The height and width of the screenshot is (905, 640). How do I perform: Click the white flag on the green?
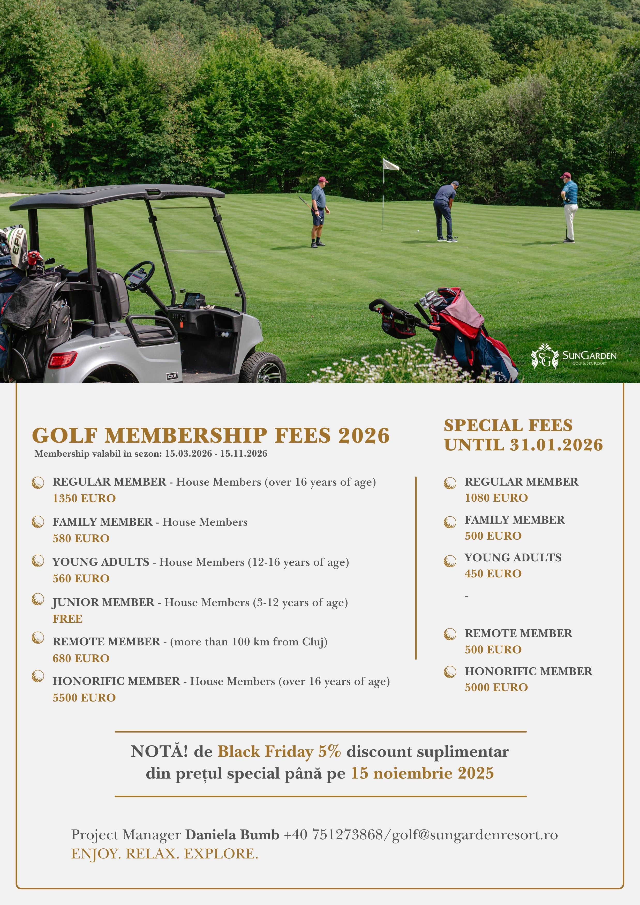390,165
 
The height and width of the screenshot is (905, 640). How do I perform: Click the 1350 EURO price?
84,498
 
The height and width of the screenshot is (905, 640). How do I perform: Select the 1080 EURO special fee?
496,498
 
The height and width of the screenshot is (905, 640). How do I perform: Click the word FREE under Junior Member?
68,619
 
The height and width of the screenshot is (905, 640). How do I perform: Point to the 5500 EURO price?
84,698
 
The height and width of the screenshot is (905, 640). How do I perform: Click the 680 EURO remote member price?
81,658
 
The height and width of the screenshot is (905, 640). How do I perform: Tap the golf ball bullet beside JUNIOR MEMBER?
38,599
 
